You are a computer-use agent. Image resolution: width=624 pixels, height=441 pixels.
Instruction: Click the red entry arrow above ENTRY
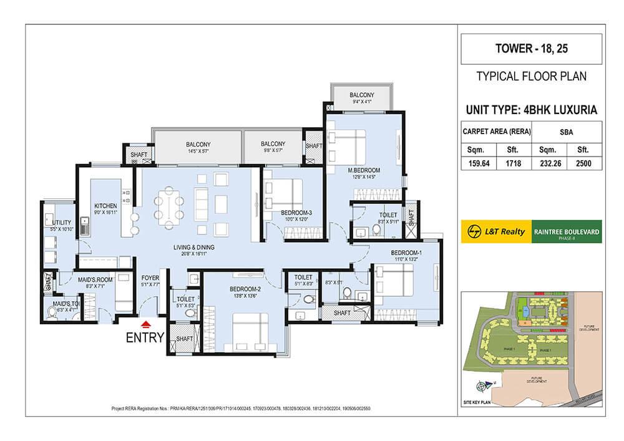145,324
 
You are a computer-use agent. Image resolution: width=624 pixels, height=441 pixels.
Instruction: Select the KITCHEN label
106,205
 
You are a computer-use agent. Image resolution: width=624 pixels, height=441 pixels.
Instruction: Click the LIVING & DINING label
193,248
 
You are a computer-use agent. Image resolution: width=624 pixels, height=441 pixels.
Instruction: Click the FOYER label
150,279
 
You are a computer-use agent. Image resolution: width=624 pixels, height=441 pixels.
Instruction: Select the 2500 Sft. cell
584,165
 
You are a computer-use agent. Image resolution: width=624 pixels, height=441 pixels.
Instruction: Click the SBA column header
567,132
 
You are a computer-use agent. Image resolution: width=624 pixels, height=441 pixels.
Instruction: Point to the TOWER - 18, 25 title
530,49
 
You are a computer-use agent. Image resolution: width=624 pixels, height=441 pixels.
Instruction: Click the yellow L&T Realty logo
495,232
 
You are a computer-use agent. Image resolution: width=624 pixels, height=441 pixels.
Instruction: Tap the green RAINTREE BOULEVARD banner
566,232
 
